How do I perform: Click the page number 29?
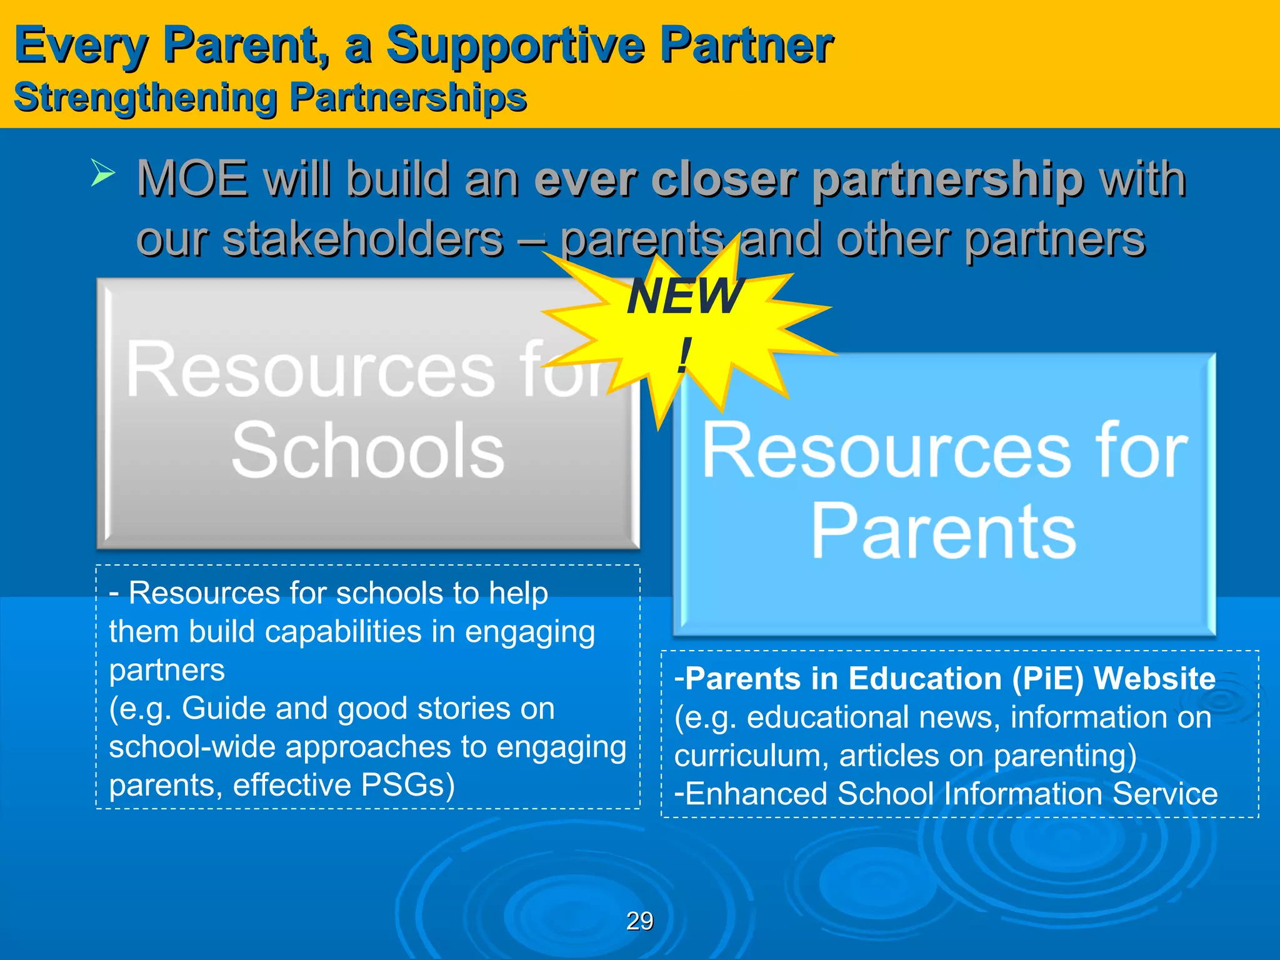(x=639, y=921)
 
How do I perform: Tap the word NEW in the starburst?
(x=685, y=296)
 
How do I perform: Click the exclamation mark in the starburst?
(x=685, y=355)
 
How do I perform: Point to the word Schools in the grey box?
(x=367, y=450)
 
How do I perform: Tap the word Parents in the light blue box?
(x=943, y=531)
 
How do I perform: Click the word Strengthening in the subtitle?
(x=145, y=98)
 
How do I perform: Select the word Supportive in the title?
(x=515, y=45)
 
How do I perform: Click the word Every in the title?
(x=81, y=45)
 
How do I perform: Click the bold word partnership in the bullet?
(x=947, y=179)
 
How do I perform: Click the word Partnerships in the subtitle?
(x=409, y=98)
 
